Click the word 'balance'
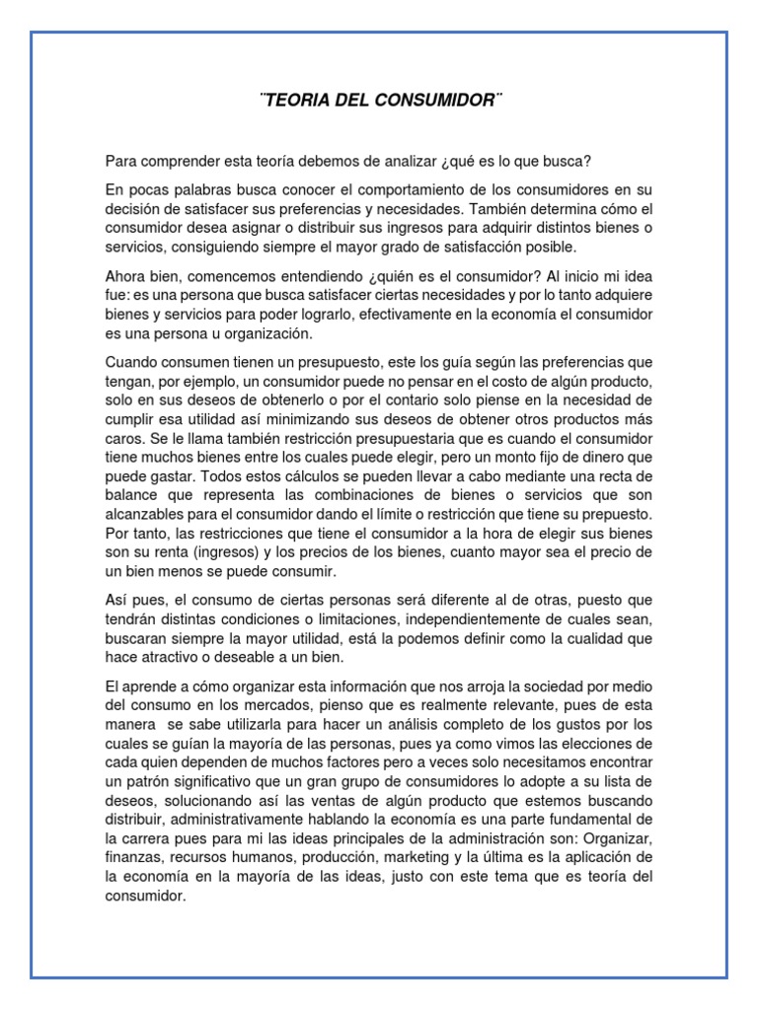(132, 495)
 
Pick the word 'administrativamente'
(245, 820)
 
